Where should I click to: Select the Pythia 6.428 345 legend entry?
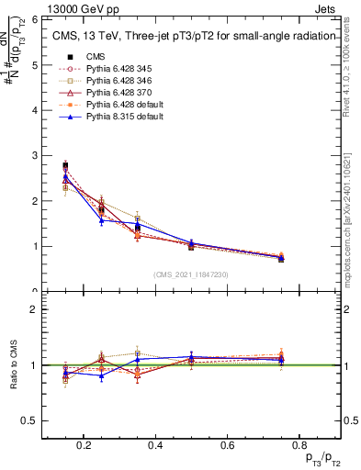[110, 69]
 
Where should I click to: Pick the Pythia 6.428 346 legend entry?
[110, 81]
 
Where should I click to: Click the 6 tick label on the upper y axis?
[36, 19]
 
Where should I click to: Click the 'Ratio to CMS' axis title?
[14, 365]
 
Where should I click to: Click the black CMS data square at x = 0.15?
[66, 166]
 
